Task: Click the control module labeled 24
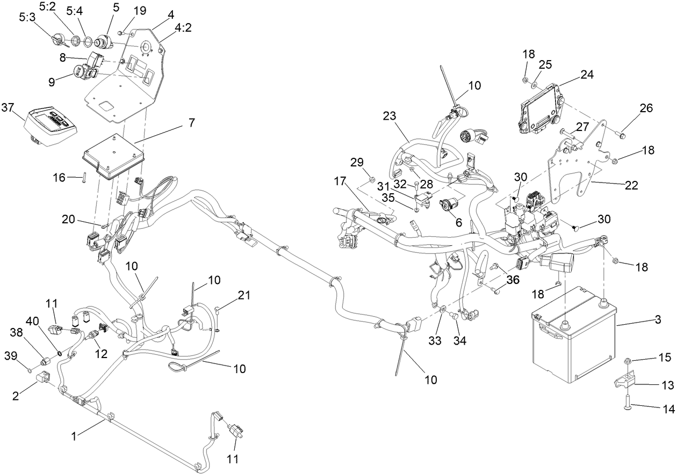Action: [539, 110]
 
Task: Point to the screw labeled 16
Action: [85, 177]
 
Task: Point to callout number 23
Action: [390, 115]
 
